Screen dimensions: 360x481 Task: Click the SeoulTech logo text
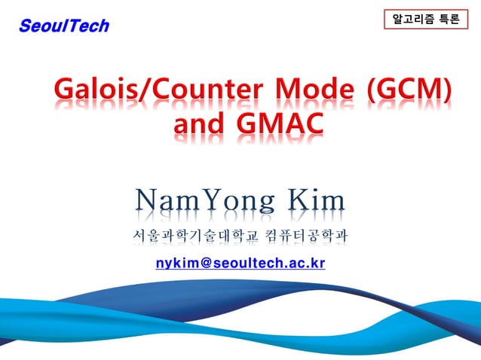point(64,26)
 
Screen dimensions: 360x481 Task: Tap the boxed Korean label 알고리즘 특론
point(426,20)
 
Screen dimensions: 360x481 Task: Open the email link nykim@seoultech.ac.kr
point(240,263)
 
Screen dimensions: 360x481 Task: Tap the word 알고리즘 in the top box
point(414,20)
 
